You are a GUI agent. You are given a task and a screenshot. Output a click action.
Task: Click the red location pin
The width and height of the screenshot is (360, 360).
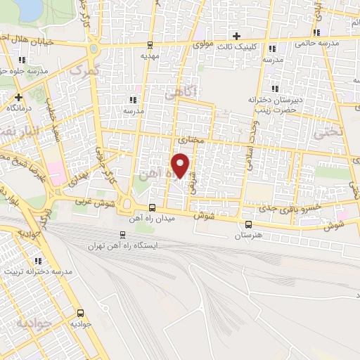181,165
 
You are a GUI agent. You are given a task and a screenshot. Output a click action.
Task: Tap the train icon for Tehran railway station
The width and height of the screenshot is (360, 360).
124,235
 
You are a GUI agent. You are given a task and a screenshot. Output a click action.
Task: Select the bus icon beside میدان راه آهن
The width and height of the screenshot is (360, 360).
153,207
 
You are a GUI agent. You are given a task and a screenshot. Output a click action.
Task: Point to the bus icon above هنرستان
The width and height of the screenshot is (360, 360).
247,224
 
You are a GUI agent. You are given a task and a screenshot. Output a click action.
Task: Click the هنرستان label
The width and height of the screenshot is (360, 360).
248,236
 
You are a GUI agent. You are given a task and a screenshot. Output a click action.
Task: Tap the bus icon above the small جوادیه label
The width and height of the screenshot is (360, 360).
80,314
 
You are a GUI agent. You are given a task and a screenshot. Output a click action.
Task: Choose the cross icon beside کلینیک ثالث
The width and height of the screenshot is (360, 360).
236,35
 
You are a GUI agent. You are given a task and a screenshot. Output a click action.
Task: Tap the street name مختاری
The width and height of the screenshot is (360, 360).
191,141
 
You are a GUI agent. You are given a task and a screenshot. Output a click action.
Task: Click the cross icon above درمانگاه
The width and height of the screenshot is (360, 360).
19,97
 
